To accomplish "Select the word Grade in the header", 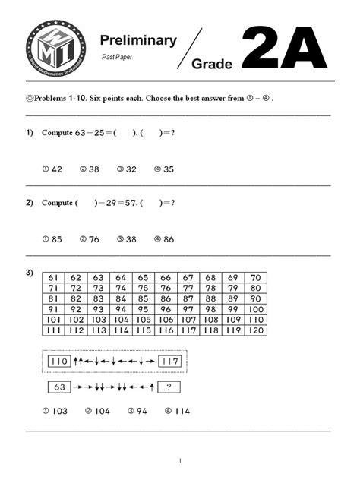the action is coord(212,65).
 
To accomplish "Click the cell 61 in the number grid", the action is coord(53,278).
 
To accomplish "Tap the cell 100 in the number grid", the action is coord(255,309).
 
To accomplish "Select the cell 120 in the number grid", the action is coord(255,330).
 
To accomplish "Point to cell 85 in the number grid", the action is coord(143,299).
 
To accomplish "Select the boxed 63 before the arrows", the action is coord(59,387).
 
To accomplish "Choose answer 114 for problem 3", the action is coord(178,411).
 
